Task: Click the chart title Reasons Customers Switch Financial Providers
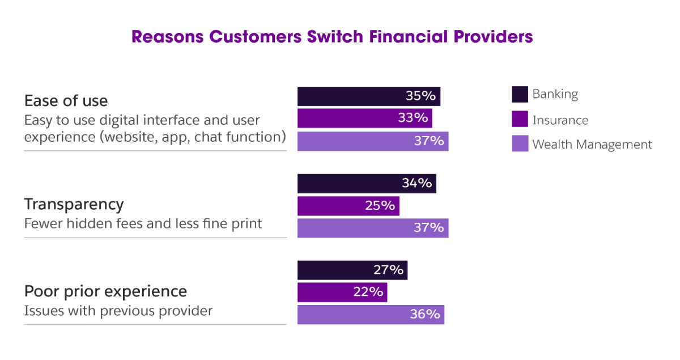[x=332, y=37]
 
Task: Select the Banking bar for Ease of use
[x=368, y=96]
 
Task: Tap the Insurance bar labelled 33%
[x=364, y=118]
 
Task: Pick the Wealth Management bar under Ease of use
[x=372, y=141]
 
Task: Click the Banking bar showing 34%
[x=366, y=183]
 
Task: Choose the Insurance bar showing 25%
[x=348, y=205]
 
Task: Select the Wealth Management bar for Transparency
[x=372, y=227]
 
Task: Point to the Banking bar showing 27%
[x=352, y=270]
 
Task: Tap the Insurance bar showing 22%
[x=342, y=292]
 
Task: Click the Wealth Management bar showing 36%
[x=371, y=314]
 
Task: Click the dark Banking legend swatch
[x=520, y=95]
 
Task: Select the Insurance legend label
[x=560, y=120]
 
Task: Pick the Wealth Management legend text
[x=592, y=145]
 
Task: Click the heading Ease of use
[x=66, y=101]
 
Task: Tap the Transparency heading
[x=74, y=204]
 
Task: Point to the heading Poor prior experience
[x=105, y=291]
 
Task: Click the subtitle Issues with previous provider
[x=118, y=311]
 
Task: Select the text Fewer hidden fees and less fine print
[x=143, y=223]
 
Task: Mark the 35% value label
[x=420, y=96]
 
